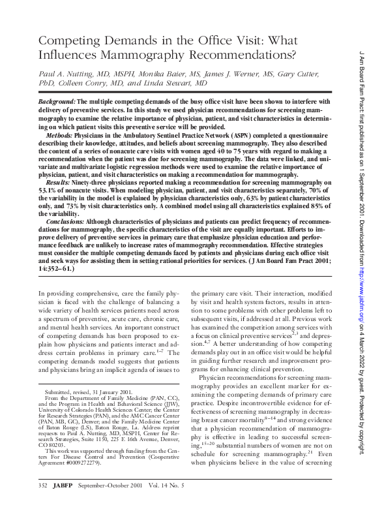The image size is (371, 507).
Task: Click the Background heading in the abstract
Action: click(56, 103)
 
